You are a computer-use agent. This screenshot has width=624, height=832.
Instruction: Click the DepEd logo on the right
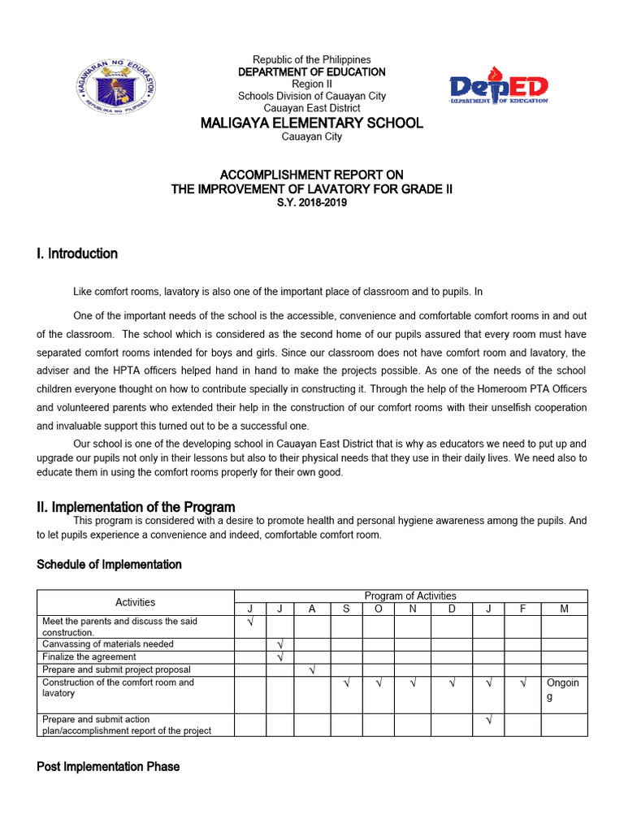click(499, 89)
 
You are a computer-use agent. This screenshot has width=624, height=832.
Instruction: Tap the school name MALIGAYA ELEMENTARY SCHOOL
click(312, 123)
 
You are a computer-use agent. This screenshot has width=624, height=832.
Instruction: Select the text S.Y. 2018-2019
click(312, 202)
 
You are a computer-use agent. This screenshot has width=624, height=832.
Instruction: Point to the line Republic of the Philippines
click(312, 60)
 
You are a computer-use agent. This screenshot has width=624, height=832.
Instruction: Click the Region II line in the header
click(312, 84)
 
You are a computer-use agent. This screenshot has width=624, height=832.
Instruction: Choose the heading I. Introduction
click(77, 253)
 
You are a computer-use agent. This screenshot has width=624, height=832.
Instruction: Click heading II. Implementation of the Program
click(136, 507)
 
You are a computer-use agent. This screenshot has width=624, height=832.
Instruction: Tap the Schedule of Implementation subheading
click(109, 564)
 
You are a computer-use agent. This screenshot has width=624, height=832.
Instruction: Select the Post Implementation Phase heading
click(108, 766)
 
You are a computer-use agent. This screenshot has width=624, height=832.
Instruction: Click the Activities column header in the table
click(136, 602)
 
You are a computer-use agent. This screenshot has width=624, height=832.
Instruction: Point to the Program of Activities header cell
click(410, 596)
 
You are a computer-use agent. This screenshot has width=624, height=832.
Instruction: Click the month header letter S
click(346, 609)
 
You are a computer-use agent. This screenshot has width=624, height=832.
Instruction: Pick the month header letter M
click(565, 609)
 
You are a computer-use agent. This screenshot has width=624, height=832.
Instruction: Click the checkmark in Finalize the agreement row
click(279, 656)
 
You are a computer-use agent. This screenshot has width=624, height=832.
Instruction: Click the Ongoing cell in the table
click(565, 690)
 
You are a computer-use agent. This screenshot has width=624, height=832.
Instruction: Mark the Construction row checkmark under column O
click(379, 683)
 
